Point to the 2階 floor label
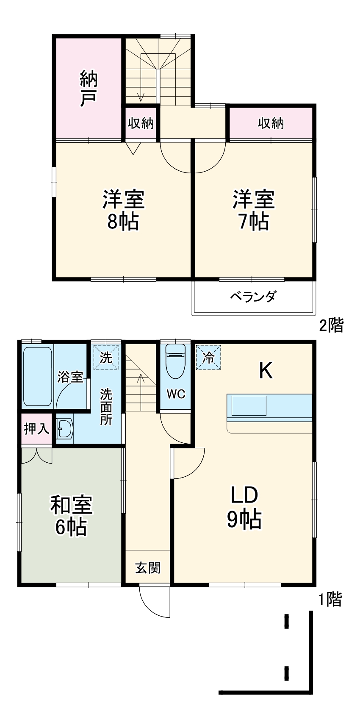(331, 325)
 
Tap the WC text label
(176, 394)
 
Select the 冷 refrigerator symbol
(208, 358)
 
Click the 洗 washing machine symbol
(106, 358)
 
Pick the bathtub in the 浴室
(37, 376)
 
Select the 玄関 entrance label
(148, 567)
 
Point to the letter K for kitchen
(266, 371)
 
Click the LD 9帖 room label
(244, 507)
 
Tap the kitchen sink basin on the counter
(248, 406)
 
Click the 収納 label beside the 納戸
(141, 123)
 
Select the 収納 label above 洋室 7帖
(271, 123)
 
